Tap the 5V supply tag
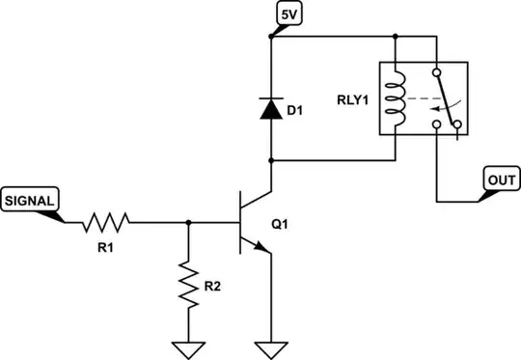pyautogui.click(x=288, y=16)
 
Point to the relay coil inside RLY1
pyautogui.click(x=395, y=98)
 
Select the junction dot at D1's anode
pyautogui.click(x=272, y=160)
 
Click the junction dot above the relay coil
pyautogui.click(x=395, y=40)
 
